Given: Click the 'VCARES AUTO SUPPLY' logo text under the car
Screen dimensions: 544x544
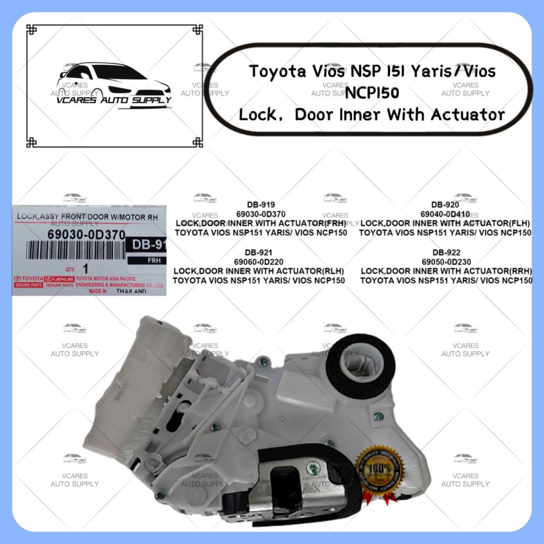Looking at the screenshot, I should pos(114,100).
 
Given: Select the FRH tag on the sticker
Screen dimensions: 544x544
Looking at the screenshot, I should pos(146,261).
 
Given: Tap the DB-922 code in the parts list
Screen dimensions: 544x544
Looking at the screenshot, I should pos(445,252).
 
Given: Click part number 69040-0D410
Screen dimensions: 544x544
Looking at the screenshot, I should pos(445,214).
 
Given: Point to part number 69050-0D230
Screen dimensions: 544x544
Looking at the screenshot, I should pos(445,262).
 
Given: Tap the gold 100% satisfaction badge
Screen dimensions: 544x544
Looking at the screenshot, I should pos(379,470).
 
